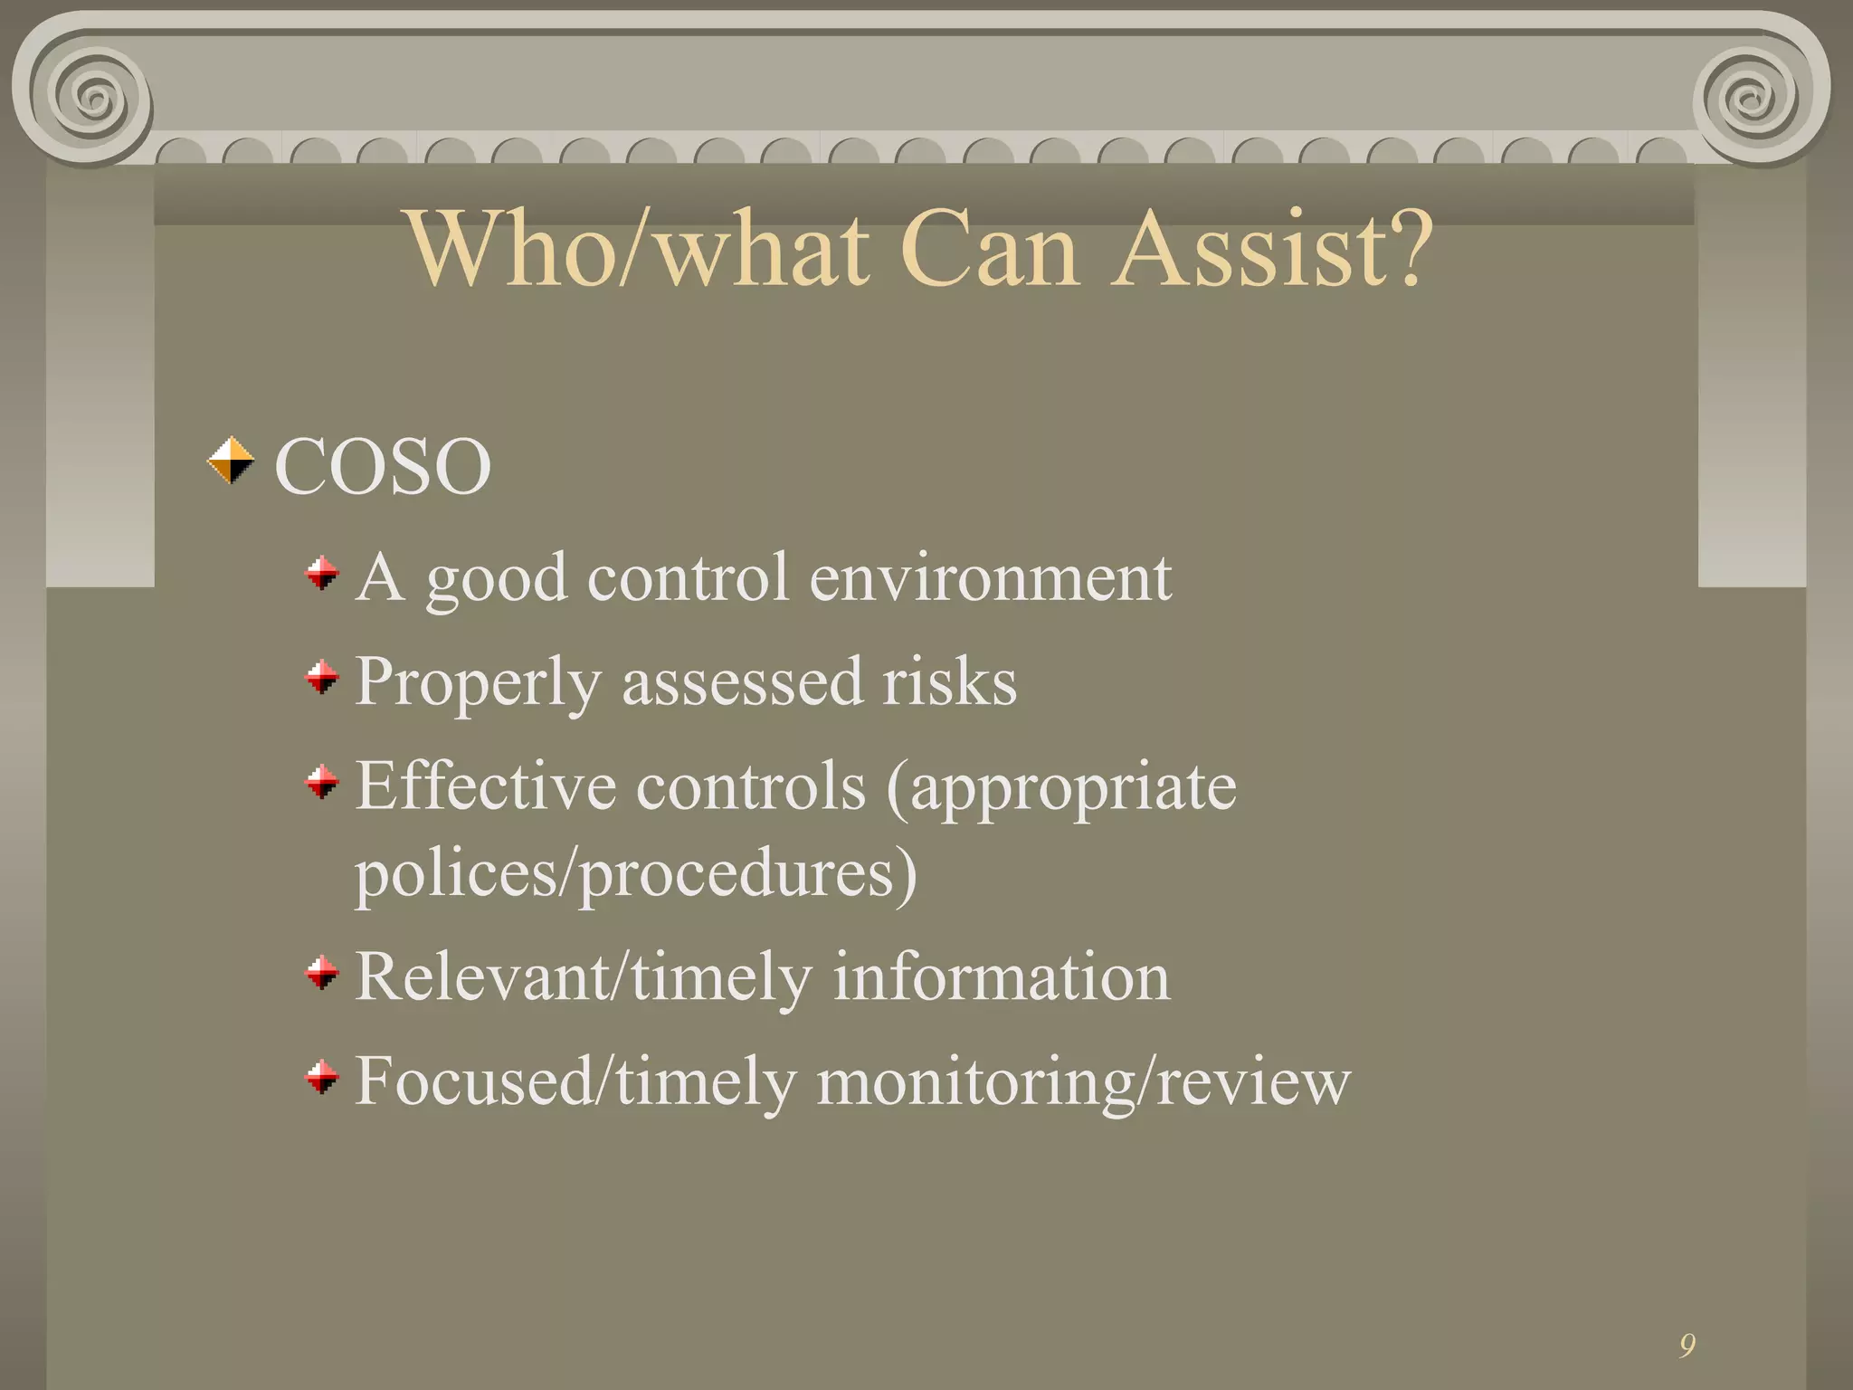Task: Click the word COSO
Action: [x=382, y=466]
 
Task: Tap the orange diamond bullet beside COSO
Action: [x=231, y=461]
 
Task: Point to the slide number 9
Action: [x=1687, y=1346]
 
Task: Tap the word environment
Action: [x=990, y=577]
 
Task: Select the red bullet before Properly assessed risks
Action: [x=321, y=676]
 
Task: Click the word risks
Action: [x=949, y=681]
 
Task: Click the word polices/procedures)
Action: [x=635, y=874]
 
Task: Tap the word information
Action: [x=1001, y=977]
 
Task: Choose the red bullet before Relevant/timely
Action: [x=321, y=974]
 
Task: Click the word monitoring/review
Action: [x=1083, y=1081]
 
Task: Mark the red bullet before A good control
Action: [x=321, y=573]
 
